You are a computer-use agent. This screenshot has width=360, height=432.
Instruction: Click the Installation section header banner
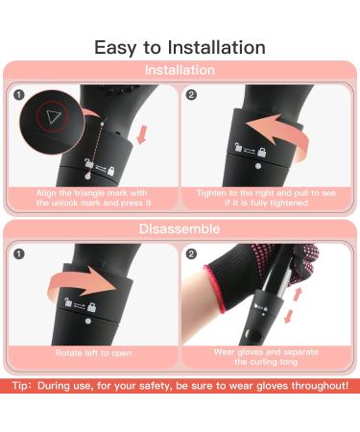click(x=180, y=71)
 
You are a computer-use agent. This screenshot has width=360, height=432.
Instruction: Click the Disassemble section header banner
click(x=180, y=229)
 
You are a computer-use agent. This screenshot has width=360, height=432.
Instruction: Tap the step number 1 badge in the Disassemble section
click(x=17, y=254)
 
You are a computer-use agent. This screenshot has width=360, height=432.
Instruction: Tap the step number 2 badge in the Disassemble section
click(x=192, y=254)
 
